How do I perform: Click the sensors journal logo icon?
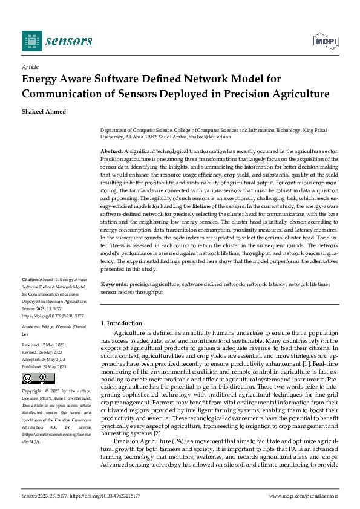pyautogui.click(x=32, y=41)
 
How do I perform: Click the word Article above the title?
pyautogui.click(x=30, y=67)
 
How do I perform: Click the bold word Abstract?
pyautogui.click(x=111, y=150)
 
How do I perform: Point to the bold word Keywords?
pyautogui.click(x=114, y=284)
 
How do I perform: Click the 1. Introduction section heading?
pyautogui.click(x=122, y=323)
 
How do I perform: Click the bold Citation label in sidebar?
pyautogui.click(x=30, y=280)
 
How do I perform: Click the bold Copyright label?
pyautogui.click(x=34, y=391)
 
